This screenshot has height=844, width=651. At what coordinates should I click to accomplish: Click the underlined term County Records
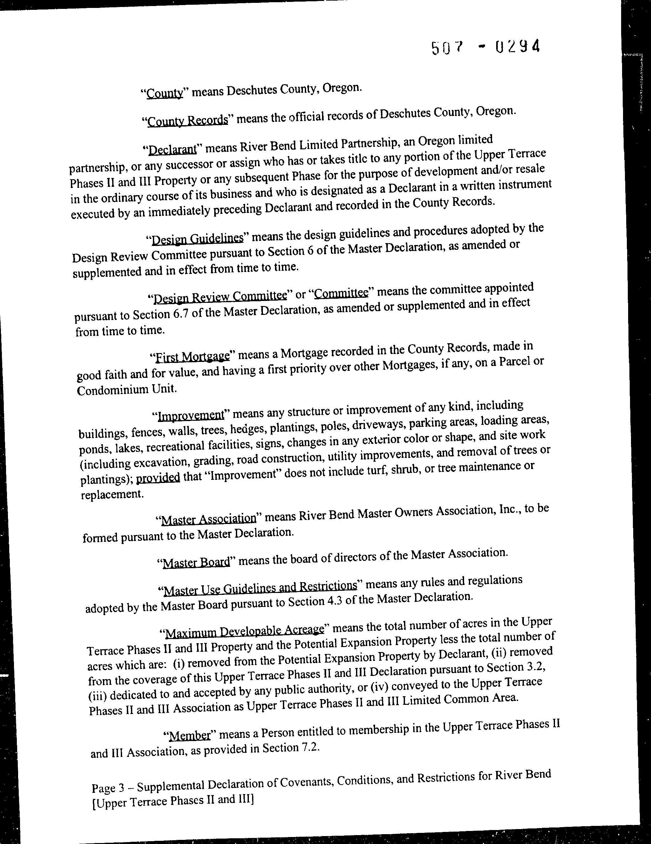[x=188, y=120]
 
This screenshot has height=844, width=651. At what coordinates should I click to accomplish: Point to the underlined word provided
[x=158, y=478]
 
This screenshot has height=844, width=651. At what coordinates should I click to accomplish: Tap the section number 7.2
[x=310, y=748]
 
